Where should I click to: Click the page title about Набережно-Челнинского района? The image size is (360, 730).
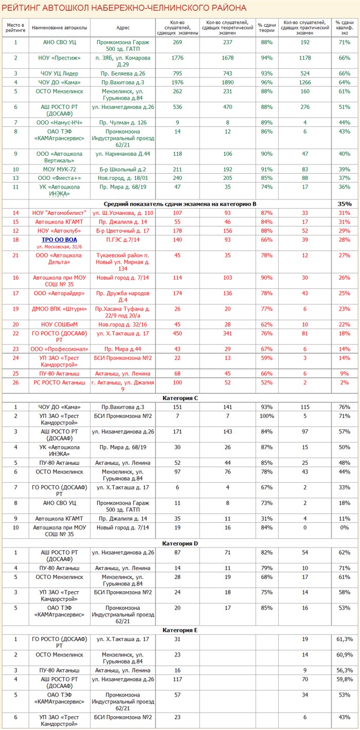[124, 8]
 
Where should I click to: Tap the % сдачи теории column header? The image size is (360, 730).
[266, 27]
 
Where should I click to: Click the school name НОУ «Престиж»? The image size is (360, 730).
[60, 58]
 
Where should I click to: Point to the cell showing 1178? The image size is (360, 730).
[305, 58]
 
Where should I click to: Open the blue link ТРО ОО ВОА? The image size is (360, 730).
[60, 240]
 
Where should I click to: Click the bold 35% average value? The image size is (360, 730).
[344, 204]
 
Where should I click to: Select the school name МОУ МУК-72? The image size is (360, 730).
[60, 169]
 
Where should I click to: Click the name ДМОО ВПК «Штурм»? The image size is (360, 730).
[60, 309]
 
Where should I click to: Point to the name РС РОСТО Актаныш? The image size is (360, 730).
[60, 382]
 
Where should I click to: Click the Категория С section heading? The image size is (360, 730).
[180, 398]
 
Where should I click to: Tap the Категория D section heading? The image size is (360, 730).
[180, 543]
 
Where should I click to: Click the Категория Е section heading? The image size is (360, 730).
[180, 630]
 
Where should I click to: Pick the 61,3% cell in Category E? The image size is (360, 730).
[344, 639]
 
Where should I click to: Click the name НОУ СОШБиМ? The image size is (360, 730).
[60, 324]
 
